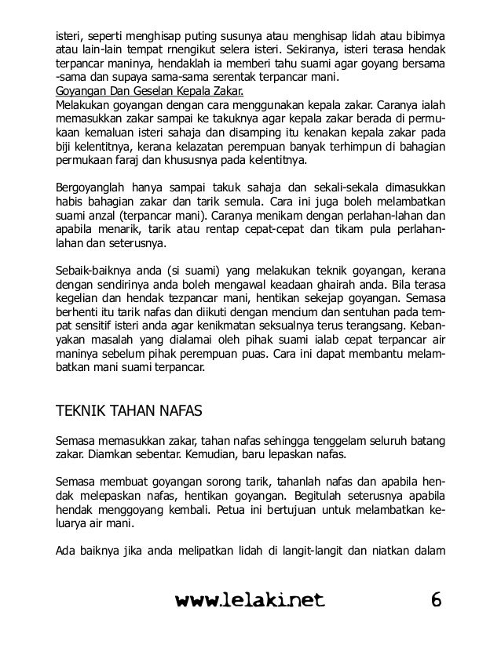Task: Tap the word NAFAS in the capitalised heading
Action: click(177, 411)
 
